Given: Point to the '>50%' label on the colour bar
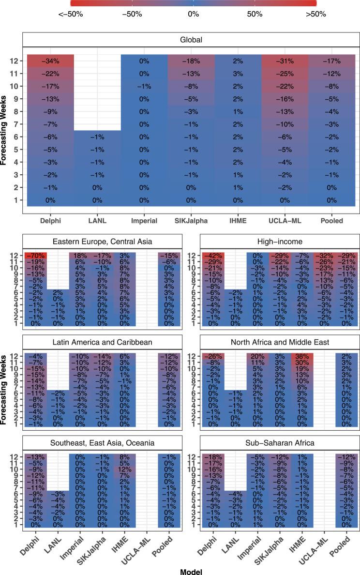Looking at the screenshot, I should pos(315,14).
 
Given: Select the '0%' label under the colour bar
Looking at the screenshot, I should pos(193,14).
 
